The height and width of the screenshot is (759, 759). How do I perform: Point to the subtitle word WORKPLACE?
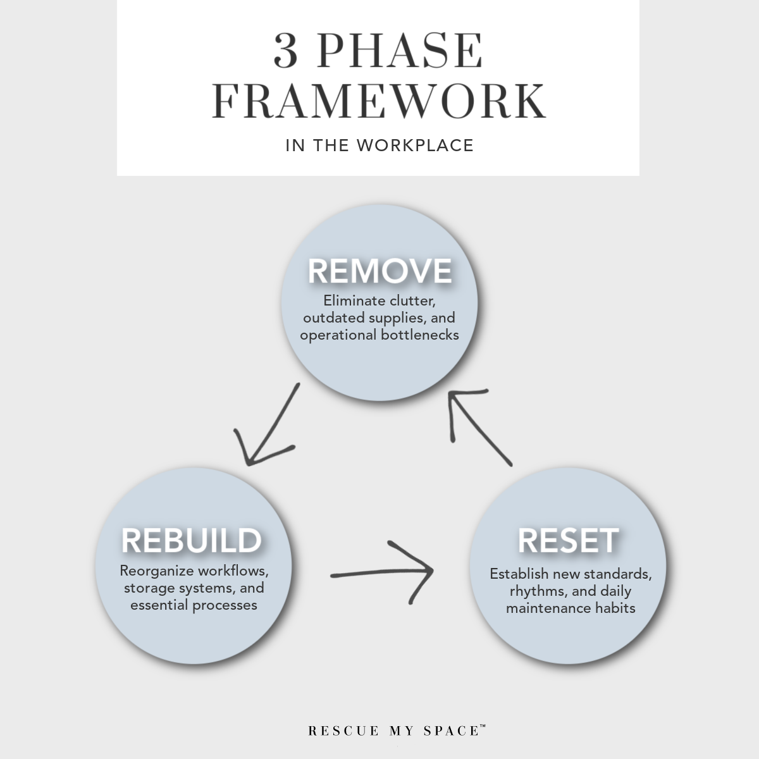[x=415, y=145]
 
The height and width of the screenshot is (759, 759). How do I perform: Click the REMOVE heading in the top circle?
[x=379, y=271]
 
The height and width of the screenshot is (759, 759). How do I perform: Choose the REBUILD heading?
[x=192, y=541]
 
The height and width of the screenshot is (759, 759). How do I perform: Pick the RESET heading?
[x=568, y=541]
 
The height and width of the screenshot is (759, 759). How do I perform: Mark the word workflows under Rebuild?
[x=233, y=571]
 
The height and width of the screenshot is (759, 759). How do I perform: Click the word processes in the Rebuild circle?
[x=225, y=605]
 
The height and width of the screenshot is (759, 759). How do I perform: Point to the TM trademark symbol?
[x=483, y=727]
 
